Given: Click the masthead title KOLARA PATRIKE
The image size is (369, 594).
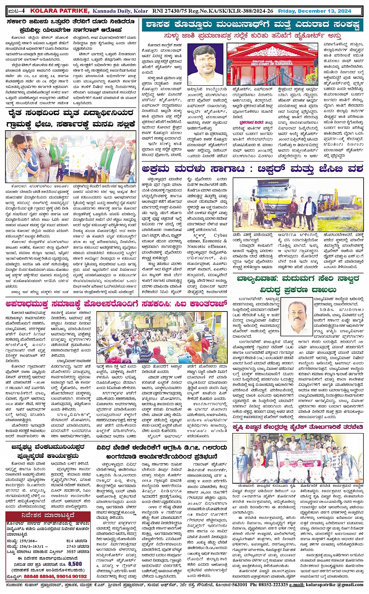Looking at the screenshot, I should click(x=61, y=11).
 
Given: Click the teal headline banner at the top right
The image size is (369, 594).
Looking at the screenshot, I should click(x=252, y=25).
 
